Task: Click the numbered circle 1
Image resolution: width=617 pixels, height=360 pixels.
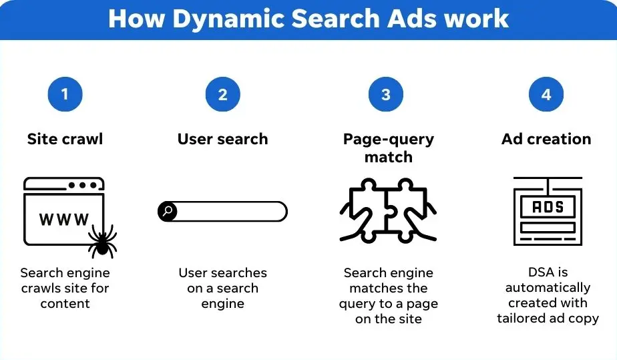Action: [65, 95]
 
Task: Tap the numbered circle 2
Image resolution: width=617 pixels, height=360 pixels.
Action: [222, 95]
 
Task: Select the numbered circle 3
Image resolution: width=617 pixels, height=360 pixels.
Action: [386, 95]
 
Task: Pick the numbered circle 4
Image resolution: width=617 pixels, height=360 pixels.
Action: [546, 95]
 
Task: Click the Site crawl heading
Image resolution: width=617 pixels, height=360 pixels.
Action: [65, 140]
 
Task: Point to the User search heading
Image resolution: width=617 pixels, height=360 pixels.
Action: [222, 140]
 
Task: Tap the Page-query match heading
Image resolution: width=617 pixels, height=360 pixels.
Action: [388, 148]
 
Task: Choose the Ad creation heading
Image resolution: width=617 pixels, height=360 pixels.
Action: [546, 140]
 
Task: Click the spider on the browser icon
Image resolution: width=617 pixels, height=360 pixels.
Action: [102, 242]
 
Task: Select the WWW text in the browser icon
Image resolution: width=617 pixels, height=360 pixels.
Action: [64, 219]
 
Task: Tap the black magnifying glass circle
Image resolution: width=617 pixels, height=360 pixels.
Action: [168, 212]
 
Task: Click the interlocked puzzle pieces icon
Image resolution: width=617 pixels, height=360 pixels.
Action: [388, 210]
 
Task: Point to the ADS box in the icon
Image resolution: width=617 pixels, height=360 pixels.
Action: [548, 207]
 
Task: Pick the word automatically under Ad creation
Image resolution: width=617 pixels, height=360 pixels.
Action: [548, 288]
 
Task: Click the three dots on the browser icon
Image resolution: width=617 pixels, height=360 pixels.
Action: [81, 184]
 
